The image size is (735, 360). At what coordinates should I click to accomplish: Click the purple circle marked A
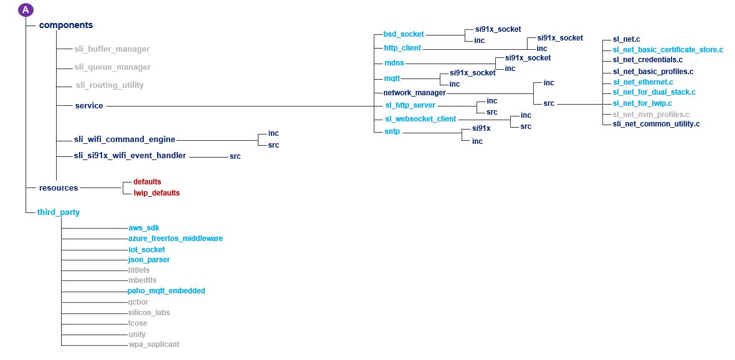(x=26, y=10)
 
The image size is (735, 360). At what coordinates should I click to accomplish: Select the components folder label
(x=65, y=26)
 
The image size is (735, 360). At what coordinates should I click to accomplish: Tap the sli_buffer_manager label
(x=111, y=49)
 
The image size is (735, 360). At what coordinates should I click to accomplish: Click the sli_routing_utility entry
(x=110, y=85)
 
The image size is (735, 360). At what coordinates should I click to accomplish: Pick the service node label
(x=89, y=106)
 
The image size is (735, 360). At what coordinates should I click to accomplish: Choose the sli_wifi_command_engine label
(x=125, y=140)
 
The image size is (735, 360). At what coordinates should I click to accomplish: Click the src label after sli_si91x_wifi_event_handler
(x=235, y=156)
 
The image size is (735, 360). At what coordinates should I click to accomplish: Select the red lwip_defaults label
(x=156, y=193)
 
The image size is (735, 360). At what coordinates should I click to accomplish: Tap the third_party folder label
(x=59, y=212)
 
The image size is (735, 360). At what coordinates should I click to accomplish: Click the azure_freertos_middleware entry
(x=175, y=239)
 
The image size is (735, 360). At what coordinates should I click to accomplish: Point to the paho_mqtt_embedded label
(x=166, y=291)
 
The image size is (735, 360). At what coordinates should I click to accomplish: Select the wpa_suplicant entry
(x=154, y=344)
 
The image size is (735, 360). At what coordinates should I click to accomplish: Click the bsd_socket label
(x=404, y=34)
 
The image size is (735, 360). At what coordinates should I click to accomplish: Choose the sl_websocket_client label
(x=420, y=119)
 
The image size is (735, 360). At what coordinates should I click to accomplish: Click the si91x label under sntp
(x=481, y=128)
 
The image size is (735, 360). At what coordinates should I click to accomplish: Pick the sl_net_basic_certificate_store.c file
(x=668, y=49)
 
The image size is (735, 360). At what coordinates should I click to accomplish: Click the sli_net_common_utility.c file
(x=656, y=124)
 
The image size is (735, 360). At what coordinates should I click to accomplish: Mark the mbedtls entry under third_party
(x=142, y=280)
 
